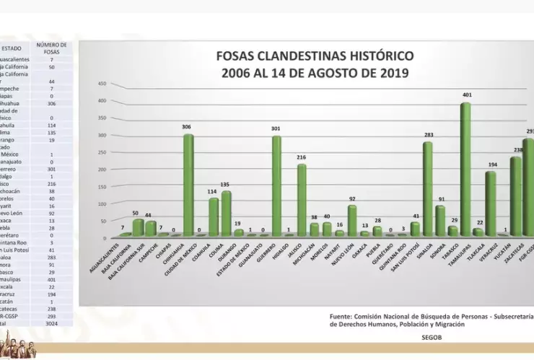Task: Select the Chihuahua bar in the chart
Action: [188, 184]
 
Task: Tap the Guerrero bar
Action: [276, 185]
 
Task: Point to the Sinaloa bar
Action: [427, 188]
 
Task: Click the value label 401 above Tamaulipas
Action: [467, 95]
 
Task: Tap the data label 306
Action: [188, 127]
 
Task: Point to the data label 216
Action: [302, 157]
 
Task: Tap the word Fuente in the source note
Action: [342, 316]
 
